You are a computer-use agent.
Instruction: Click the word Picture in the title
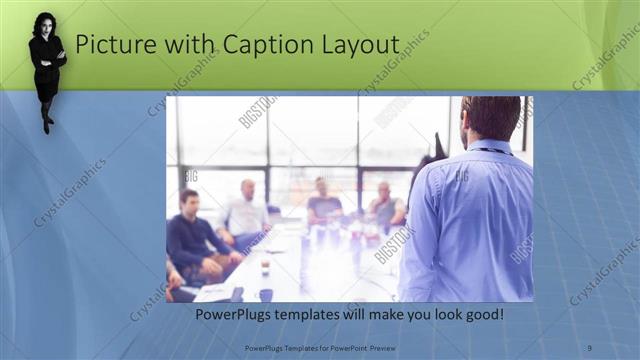[x=111, y=45]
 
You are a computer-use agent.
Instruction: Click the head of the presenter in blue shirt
[x=491, y=118]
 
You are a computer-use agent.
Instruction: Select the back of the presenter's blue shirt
[x=470, y=220]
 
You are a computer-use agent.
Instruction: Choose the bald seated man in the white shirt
[x=245, y=210]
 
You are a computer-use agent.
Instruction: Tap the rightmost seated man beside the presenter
[x=384, y=207]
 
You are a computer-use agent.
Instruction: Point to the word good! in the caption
[x=483, y=315]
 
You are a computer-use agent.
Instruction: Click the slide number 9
[x=590, y=347]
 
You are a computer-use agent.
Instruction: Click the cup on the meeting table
[x=265, y=268]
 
